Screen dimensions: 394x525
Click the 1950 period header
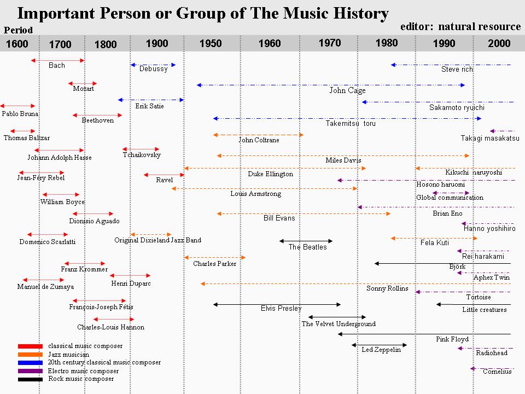[x=211, y=44]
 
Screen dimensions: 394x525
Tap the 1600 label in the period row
[x=17, y=44]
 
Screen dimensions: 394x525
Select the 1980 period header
[x=387, y=43]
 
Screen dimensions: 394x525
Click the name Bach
[x=57, y=66]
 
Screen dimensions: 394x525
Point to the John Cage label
[x=347, y=90]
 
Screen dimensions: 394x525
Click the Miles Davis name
[x=343, y=160]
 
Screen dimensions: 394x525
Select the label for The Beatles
[x=307, y=247]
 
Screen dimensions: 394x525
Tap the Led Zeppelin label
[x=381, y=350]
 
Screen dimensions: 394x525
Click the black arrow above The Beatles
[x=306, y=241]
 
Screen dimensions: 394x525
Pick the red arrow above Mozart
[x=83, y=84]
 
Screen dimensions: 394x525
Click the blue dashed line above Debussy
[x=153, y=65]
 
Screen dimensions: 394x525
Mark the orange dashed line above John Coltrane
[x=258, y=135]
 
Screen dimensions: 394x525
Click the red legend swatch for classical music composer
[x=30, y=346]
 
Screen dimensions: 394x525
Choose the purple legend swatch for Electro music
[x=30, y=371]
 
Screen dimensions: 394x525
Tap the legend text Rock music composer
[x=81, y=379]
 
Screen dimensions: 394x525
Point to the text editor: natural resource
[x=460, y=26]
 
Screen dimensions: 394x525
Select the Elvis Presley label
[x=281, y=309]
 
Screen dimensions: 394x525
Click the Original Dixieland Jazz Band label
[x=157, y=240]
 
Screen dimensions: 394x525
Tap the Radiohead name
[x=492, y=353]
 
